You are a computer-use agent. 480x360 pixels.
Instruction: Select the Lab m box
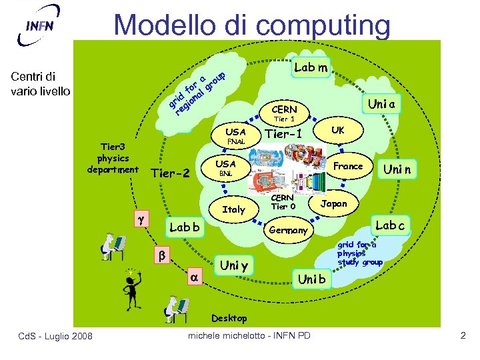coord(311,67)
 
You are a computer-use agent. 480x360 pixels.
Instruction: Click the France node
coord(348,166)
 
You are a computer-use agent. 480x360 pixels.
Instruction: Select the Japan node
coord(334,204)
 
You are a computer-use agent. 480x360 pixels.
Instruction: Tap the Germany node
coord(289,230)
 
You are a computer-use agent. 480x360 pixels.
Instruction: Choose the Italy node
coord(234,209)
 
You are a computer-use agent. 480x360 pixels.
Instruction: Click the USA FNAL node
coord(235,136)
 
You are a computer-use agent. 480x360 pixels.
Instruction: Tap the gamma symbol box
coord(140,218)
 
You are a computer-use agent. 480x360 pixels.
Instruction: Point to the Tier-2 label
coord(171,174)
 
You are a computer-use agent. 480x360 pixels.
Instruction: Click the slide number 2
coord(463,335)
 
